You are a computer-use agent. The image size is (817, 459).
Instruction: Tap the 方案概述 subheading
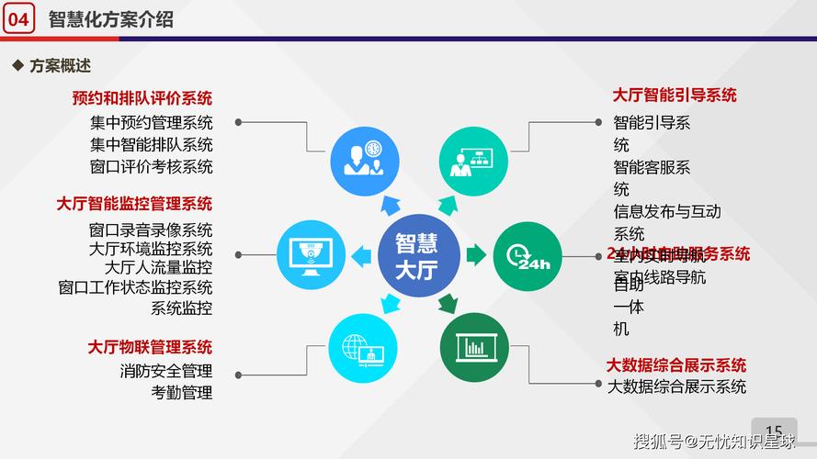click(x=60, y=66)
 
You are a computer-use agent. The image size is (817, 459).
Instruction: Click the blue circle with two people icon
click(x=365, y=158)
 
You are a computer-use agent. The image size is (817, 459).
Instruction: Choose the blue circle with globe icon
click(x=364, y=348)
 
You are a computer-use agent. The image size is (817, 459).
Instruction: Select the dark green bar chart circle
click(x=473, y=348)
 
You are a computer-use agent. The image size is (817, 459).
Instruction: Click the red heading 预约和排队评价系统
click(x=142, y=98)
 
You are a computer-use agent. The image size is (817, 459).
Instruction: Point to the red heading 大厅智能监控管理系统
click(x=134, y=204)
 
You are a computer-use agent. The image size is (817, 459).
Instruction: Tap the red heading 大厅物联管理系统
click(x=150, y=347)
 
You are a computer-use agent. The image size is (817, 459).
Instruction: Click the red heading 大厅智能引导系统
click(x=675, y=95)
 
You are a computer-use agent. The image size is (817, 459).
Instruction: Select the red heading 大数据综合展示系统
click(x=675, y=365)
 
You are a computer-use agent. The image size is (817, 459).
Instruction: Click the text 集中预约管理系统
click(x=152, y=122)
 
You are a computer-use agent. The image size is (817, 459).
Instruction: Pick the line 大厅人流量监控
click(x=158, y=268)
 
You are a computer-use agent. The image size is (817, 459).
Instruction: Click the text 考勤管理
click(x=182, y=393)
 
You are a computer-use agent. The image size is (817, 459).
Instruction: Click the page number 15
click(x=774, y=431)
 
